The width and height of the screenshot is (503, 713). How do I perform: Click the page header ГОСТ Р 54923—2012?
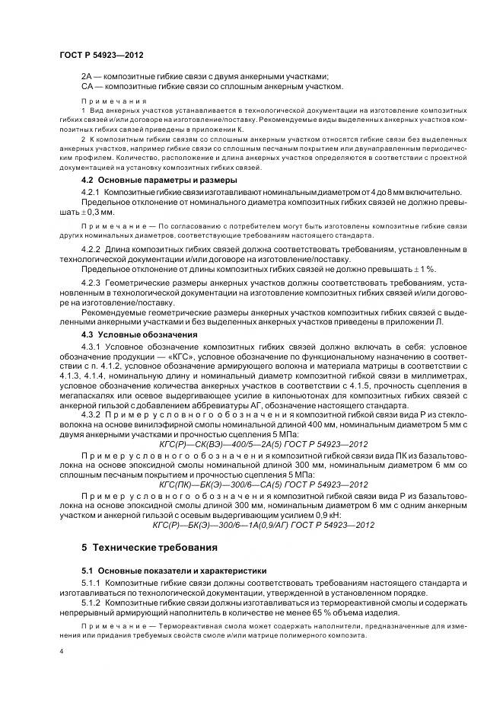click(100, 56)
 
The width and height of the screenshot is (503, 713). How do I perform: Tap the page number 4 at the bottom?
click(62, 652)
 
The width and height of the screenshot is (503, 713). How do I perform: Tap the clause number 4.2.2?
click(91, 249)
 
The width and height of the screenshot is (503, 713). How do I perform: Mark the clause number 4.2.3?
click(91, 281)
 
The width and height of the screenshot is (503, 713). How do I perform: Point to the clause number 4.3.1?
click(91, 345)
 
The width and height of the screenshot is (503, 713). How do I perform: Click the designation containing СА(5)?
click(253, 484)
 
